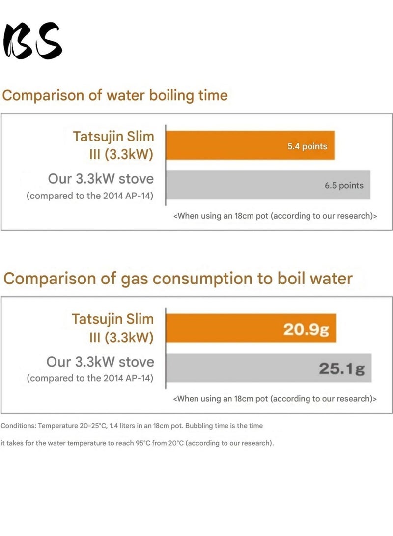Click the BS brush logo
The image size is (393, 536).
click(x=33, y=41)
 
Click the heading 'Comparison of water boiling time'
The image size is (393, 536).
click(x=115, y=95)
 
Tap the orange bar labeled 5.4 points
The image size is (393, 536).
click(x=236, y=145)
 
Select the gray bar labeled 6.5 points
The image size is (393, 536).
click(x=246, y=185)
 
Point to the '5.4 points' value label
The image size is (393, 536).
click(x=307, y=146)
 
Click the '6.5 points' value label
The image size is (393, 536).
click(x=344, y=185)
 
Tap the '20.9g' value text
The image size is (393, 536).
click(x=306, y=329)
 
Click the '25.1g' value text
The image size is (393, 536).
click(x=341, y=368)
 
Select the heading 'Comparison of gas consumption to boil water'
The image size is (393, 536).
click(x=178, y=279)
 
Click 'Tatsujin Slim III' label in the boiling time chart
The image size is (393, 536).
click(x=113, y=145)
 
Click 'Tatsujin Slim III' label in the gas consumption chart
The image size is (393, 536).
click(x=112, y=328)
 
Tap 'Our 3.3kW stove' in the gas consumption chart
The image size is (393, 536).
click(x=100, y=362)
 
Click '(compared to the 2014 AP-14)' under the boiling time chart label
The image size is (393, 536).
click(x=90, y=196)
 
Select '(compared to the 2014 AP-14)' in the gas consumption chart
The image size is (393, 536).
click(x=90, y=379)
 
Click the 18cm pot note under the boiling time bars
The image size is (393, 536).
click(x=275, y=216)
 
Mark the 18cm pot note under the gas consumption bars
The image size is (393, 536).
click(x=275, y=398)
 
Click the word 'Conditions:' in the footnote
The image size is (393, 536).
click(x=18, y=425)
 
